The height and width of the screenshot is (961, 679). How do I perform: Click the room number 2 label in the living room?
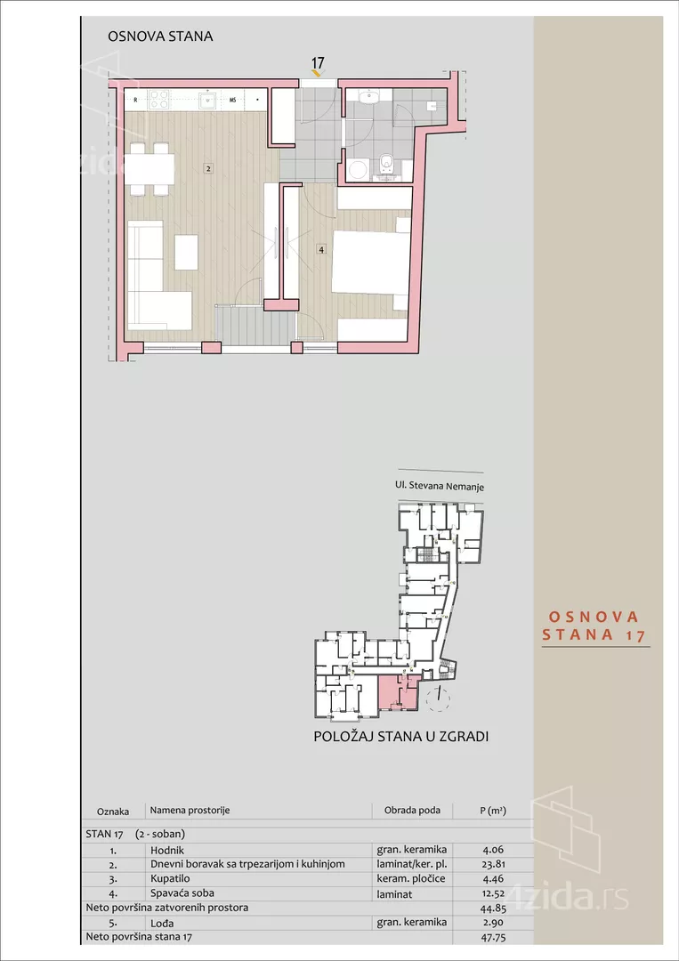[x=206, y=168]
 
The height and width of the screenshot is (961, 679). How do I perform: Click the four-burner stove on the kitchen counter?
[x=159, y=100]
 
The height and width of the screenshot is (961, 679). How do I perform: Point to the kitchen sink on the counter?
[x=205, y=100]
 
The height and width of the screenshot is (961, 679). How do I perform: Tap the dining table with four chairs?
[x=150, y=168]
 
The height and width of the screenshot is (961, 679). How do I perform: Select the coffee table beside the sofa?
[x=186, y=252]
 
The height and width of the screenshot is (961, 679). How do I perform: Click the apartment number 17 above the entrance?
[x=317, y=63]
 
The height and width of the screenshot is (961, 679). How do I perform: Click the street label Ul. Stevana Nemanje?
[x=440, y=487]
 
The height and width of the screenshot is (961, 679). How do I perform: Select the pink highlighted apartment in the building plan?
[x=397, y=693]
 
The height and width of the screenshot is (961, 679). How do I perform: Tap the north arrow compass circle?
[x=438, y=698]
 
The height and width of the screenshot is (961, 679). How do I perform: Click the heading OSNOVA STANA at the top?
[x=160, y=36]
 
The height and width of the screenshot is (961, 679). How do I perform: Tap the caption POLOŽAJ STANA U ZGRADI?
[x=401, y=737]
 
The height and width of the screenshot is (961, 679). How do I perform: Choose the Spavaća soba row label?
[x=182, y=892]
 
